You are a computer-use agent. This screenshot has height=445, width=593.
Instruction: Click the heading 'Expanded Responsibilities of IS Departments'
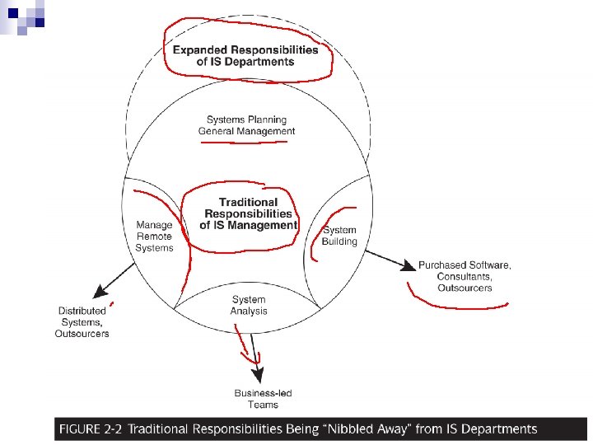point(245,55)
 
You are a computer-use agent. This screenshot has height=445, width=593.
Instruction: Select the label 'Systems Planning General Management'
point(246,125)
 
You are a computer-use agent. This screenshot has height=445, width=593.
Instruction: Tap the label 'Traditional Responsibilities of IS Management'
point(249,213)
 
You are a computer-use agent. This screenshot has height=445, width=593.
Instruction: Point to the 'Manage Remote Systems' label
point(155,237)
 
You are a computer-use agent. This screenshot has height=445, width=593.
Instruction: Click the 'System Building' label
point(339,236)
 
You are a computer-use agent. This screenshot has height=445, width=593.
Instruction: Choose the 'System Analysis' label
point(249,305)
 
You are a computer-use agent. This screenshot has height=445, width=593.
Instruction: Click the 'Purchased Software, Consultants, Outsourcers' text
point(465,276)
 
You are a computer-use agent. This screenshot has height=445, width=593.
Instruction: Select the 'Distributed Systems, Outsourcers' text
point(82,322)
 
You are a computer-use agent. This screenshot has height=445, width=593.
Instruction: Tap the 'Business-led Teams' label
point(256,399)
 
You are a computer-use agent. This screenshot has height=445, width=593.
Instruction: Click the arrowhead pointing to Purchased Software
point(408,266)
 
